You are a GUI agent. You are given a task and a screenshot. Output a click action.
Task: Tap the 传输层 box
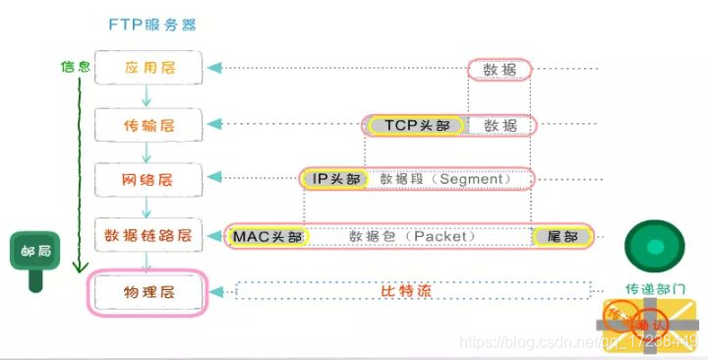(x=148, y=124)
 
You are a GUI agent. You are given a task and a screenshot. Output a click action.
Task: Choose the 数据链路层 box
(x=148, y=236)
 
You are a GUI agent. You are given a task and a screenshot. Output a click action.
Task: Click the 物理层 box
(x=148, y=292)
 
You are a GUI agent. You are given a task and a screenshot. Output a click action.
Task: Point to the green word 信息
(x=75, y=67)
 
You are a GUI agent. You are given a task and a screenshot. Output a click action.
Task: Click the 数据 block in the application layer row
(x=500, y=69)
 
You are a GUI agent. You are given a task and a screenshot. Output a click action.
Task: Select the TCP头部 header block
(x=414, y=126)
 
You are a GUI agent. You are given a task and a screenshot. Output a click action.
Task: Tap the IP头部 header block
(x=330, y=179)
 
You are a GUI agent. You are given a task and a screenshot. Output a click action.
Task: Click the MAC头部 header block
(x=267, y=236)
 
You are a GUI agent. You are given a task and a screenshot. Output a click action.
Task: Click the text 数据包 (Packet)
(x=413, y=236)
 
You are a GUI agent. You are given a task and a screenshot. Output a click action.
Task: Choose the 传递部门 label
(x=655, y=289)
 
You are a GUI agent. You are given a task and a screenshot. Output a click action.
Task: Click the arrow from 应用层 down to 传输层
(x=147, y=95)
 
